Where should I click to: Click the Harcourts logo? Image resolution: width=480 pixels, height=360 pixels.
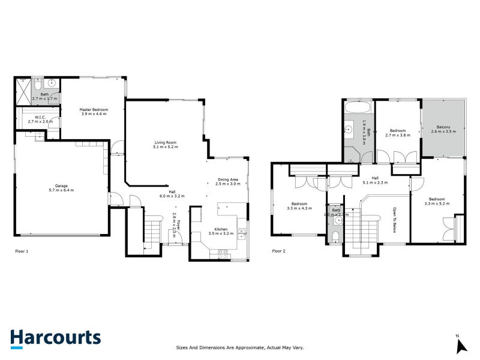55,337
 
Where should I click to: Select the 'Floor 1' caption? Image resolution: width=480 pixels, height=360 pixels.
22,251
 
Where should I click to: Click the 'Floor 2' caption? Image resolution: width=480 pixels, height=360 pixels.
279,251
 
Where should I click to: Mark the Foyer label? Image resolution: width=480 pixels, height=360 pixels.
174,222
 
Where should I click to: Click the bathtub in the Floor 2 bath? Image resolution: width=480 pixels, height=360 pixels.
359,109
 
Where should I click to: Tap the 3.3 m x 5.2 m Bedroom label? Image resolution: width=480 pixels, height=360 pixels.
436,201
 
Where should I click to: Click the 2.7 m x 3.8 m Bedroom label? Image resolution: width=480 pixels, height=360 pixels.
397,133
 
